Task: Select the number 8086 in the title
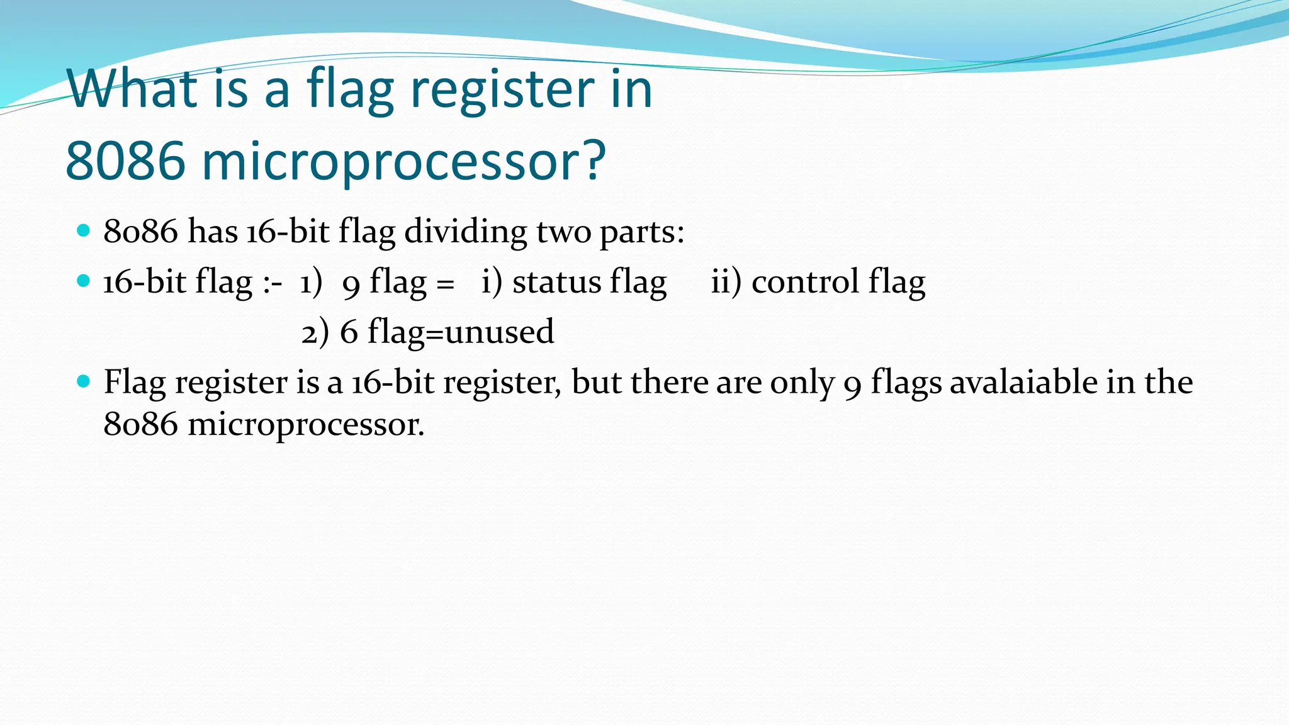pyautogui.click(x=125, y=161)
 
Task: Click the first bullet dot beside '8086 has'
pyautogui.click(x=83, y=230)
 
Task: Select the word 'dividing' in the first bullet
pyautogui.click(x=465, y=232)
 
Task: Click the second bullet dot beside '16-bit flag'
pyautogui.click(x=83, y=281)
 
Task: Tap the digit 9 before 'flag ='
pyautogui.click(x=351, y=284)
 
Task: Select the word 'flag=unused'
pyautogui.click(x=460, y=332)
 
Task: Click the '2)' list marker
pyautogui.click(x=315, y=333)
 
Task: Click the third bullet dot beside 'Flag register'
pyautogui.click(x=83, y=381)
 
